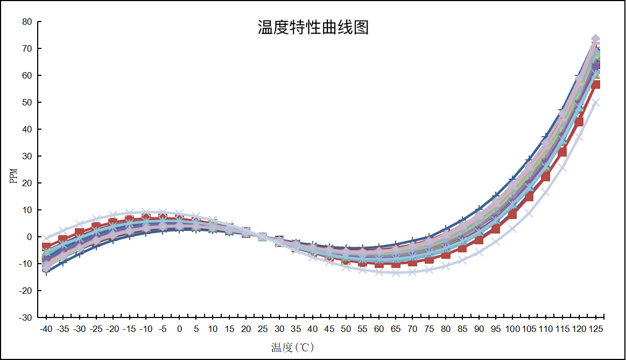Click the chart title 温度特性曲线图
313,27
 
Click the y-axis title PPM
15,175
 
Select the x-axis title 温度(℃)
292,347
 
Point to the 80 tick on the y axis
27,22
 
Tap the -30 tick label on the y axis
25,317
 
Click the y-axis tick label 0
30,237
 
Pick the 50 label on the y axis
27,102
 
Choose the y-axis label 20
27,183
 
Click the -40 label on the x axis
46,329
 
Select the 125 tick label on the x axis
596,329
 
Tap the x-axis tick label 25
263,329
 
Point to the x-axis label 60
379,329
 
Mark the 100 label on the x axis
512,329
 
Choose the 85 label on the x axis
462,329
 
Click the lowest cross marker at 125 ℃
596,102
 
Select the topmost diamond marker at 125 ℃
596,39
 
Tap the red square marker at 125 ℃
596,84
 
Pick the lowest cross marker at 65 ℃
396,272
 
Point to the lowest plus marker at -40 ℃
46,272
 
